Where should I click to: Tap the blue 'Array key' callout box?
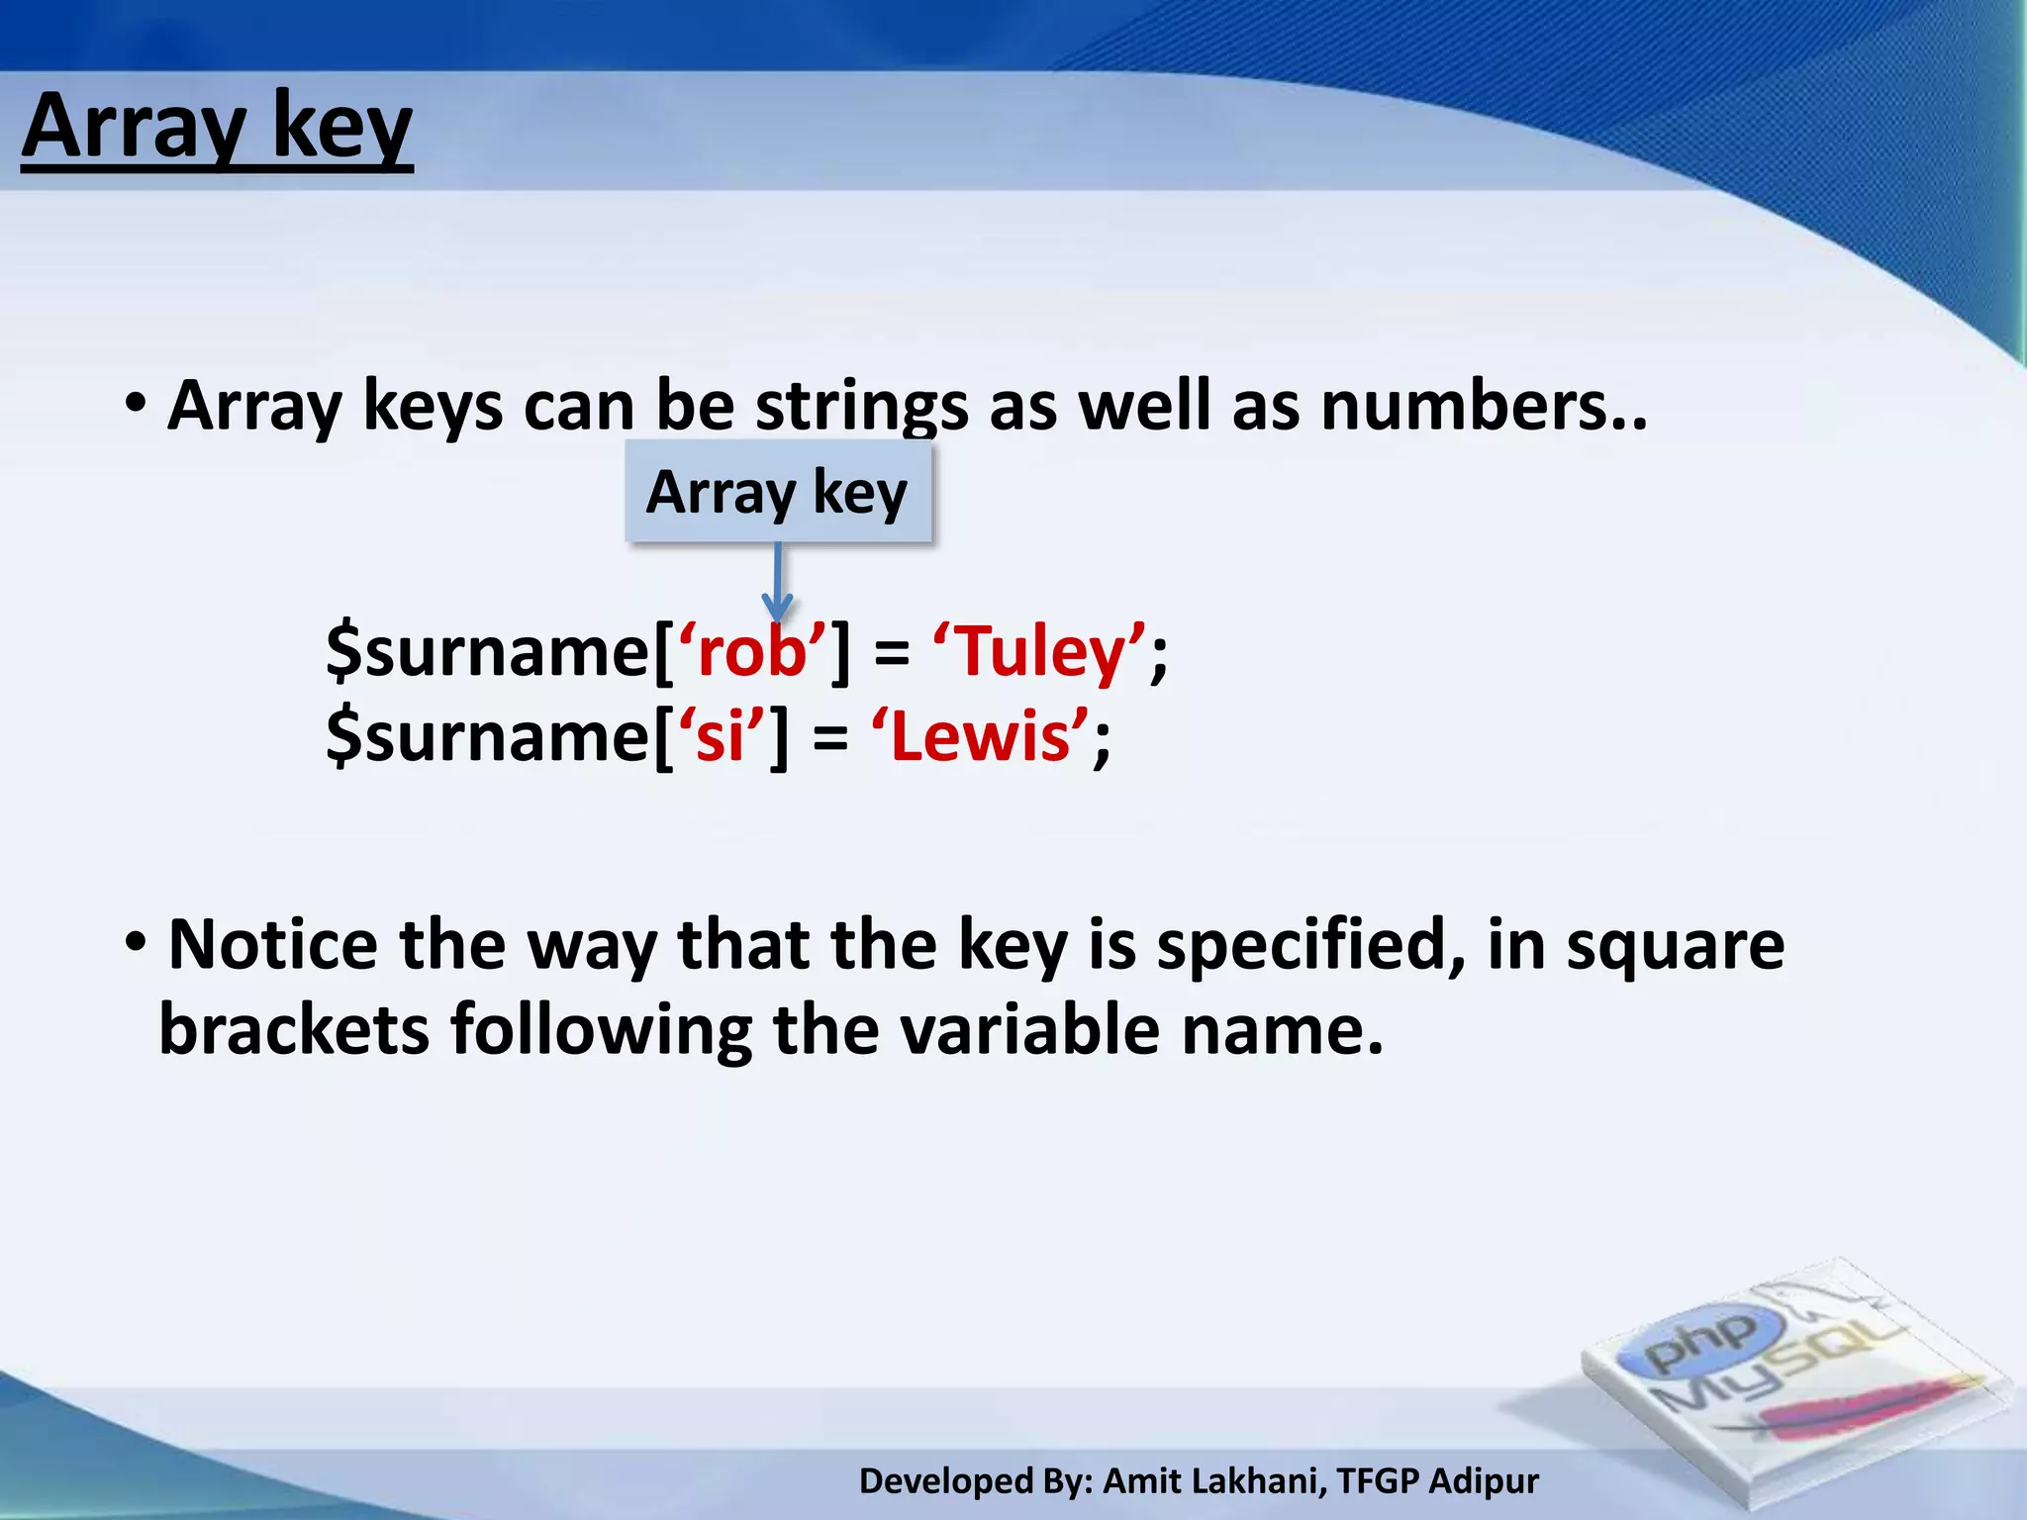click(x=778, y=492)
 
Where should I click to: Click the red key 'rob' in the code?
click(x=752, y=652)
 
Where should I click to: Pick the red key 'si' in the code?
click(x=720, y=737)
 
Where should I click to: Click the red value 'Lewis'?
click(x=980, y=737)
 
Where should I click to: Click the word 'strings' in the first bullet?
click(x=861, y=407)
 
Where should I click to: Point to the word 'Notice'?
click(x=273, y=945)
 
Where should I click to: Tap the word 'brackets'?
click(x=294, y=1030)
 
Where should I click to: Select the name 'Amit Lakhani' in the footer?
click(x=1211, y=1481)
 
